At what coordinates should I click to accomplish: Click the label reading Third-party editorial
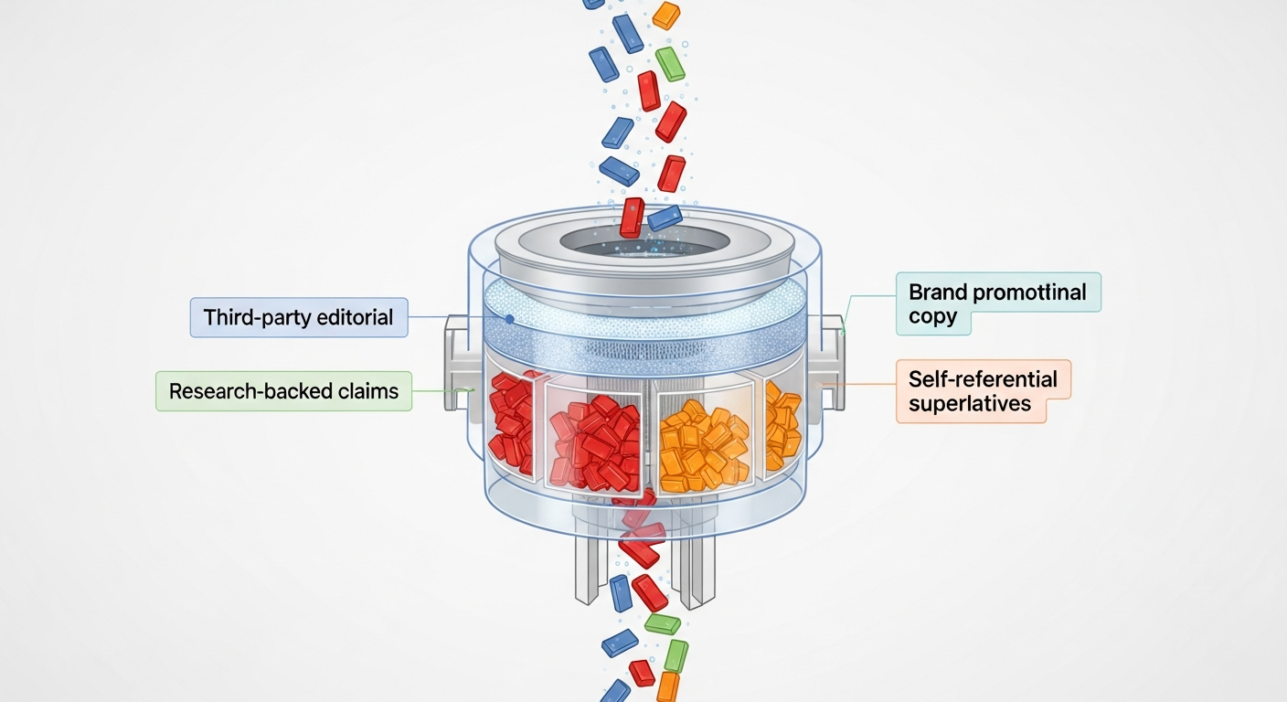point(299,317)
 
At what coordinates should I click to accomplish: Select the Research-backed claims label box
point(283,391)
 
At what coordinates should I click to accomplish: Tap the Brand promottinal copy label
point(997,304)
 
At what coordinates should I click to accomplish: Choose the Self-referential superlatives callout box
point(983,391)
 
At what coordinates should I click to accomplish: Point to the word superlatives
point(970,403)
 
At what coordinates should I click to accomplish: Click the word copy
point(932,316)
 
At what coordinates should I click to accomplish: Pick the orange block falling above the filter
point(666,15)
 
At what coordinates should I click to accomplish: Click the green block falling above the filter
point(671,64)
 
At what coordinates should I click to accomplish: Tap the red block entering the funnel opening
point(632,218)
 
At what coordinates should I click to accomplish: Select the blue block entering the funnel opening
point(665,218)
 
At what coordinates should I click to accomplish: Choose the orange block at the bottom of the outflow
point(669,687)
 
